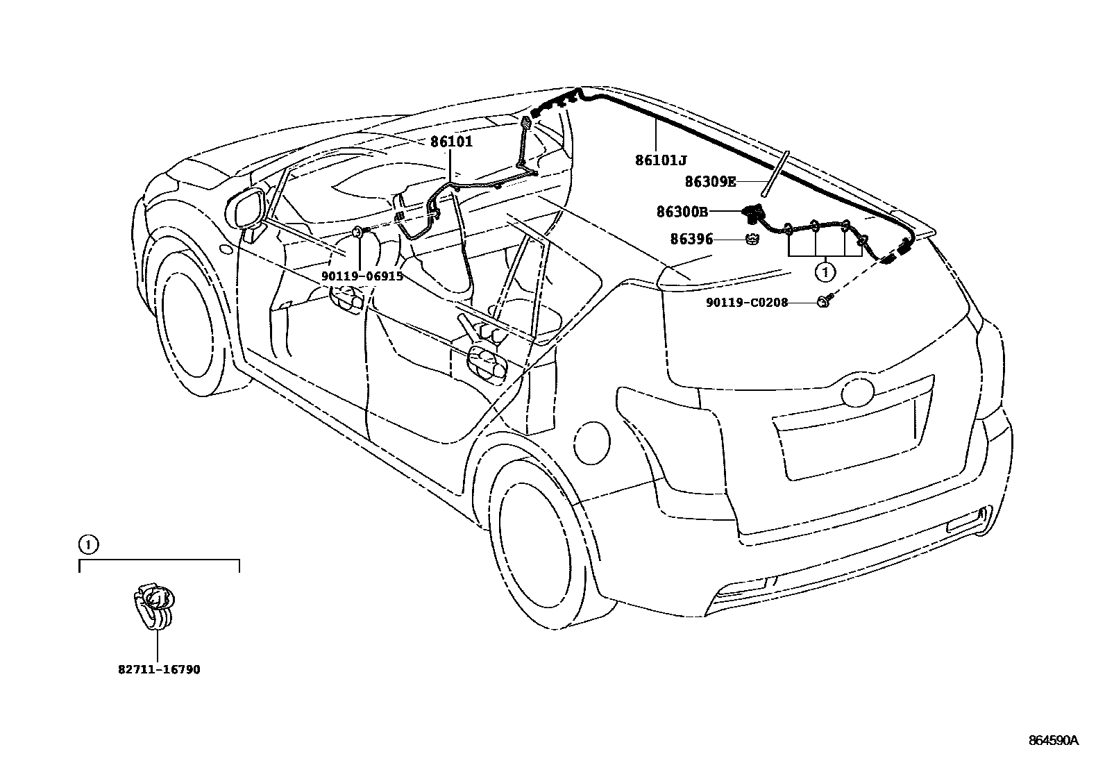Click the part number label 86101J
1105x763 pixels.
pyautogui.click(x=660, y=160)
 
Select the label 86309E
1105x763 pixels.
pyautogui.click(x=709, y=182)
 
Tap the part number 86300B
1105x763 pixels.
pyautogui.click(x=682, y=211)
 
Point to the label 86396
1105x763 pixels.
pyautogui.click(x=691, y=240)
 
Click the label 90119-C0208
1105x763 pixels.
pyautogui.click(x=736, y=303)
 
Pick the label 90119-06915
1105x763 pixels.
pyautogui.click(x=361, y=276)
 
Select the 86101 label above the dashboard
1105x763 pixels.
pyautogui.click(x=450, y=142)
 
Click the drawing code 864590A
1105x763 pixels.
pyautogui.click(x=1053, y=740)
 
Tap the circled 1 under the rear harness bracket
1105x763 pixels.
pyautogui.click(x=825, y=273)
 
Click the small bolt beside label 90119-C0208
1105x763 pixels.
pyautogui.click(x=825, y=301)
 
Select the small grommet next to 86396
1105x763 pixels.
pyautogui.click(x=751, y=240)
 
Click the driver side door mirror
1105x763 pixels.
pyautogui.click(x=246, y=208)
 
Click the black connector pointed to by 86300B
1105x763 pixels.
pyautogui.click(x=752, y=212)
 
